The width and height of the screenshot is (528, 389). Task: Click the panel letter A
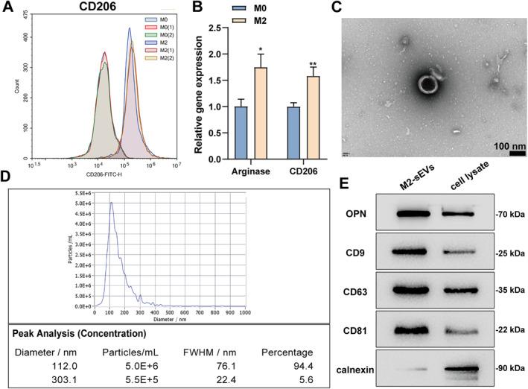click(8, 8)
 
